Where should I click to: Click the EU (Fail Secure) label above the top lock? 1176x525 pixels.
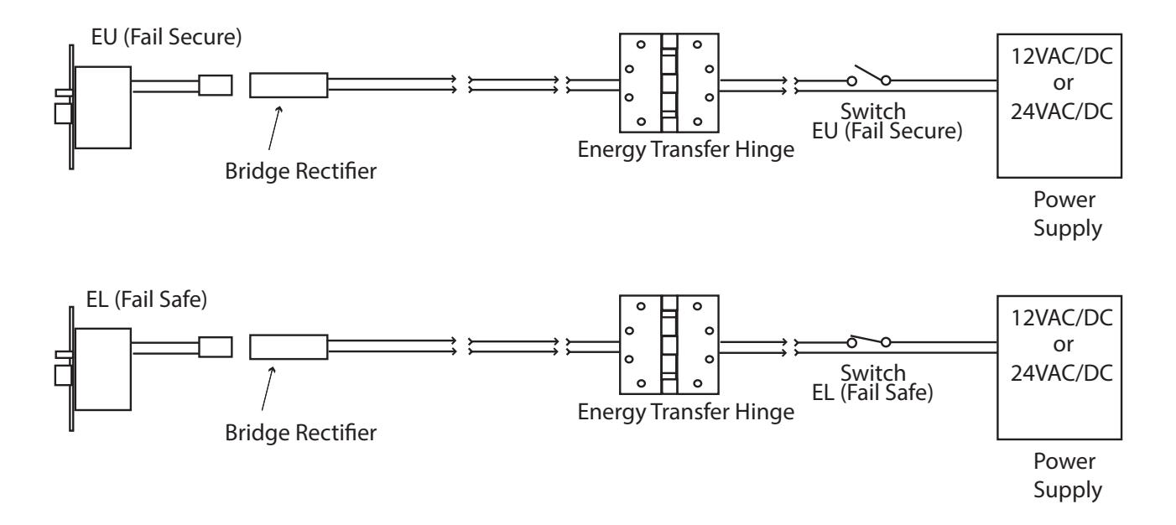click(166, 37)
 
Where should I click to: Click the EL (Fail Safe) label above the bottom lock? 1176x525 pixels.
click(147, 299)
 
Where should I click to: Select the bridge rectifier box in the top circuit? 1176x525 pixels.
click(289, 85)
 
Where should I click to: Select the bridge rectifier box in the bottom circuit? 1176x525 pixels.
click(289, 347)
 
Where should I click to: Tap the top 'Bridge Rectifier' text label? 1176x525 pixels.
click(301, 171)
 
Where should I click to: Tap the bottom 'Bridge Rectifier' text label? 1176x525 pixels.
click(301, 433)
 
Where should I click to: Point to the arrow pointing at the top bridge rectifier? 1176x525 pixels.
click(275, 128)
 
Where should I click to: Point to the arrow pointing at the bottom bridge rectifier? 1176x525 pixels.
click(268, 388)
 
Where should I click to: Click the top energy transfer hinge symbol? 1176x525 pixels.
click(669, 83)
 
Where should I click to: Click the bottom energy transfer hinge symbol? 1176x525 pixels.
click(669, 345)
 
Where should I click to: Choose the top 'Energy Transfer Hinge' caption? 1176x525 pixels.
click(685, 149)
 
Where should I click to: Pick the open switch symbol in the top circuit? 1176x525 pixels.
click(869, 76)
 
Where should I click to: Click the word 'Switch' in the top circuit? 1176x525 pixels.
click(873, 112)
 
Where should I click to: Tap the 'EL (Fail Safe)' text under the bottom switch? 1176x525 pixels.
click(872, 392)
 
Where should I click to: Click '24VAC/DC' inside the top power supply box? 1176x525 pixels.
click(1062, 112)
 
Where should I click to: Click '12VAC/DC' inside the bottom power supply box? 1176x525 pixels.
click(1062, 318)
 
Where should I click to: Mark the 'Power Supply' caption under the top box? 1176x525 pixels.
click(1067, 214)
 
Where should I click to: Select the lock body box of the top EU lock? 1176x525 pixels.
click(103, 107)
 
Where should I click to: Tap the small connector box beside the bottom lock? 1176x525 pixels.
click(216, 347)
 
